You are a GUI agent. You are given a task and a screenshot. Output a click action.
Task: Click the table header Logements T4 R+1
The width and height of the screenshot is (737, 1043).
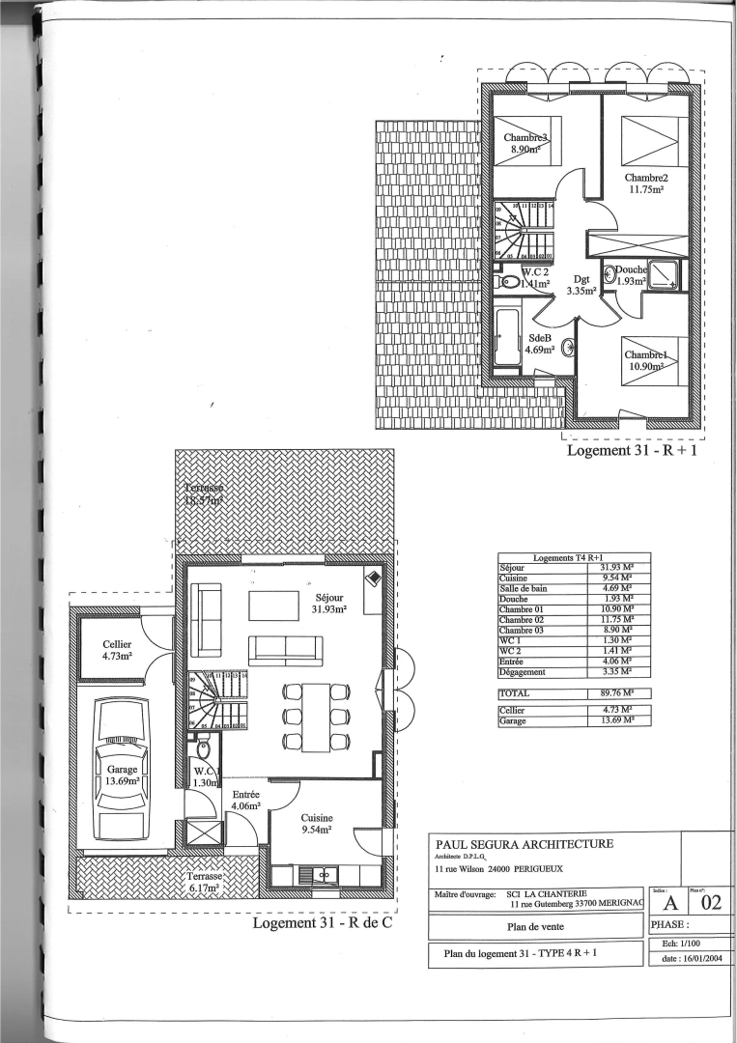[x=574, y=557]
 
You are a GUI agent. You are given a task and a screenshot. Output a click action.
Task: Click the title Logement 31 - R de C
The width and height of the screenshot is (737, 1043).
[x=325, y=922]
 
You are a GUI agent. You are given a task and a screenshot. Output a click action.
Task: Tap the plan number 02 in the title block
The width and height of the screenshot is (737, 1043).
[x=711, y=904]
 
